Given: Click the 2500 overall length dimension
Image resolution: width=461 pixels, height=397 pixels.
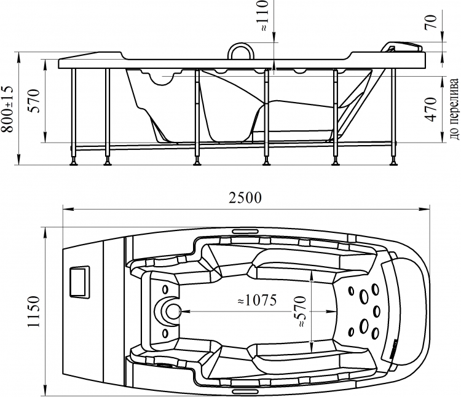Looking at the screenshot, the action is pyautogui.click(x=245, y=198).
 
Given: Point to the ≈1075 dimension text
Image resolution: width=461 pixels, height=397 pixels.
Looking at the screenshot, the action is pyautogui.click(x=257, y=301).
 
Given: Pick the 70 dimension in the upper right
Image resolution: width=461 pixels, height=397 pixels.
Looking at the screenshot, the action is pyautogui.click(x=430, y=22).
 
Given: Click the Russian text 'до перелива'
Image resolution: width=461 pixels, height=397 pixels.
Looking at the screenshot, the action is pyautogui.click(x=455, y=109).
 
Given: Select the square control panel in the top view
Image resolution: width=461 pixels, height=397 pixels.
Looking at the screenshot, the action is pyautogui.click(x=79, y=281).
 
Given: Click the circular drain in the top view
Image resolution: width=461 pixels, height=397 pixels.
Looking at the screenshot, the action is pyautogui.click(x=173, y=312).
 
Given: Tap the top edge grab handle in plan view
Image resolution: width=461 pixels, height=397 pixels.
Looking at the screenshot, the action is pyautogui.click(x=245, y=231).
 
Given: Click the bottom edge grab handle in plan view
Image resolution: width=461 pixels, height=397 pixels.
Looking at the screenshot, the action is pyautogui.click(x=245, y=391).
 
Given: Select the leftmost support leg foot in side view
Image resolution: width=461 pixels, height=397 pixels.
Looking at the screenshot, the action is pyautogui.click(x=73, y=162).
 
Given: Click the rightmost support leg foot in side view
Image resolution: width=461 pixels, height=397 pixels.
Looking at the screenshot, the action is pyautogui.click(x=393, y=162).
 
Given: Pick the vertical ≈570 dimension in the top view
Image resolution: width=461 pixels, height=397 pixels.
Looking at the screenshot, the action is pyautogui.click(x=302, y=312).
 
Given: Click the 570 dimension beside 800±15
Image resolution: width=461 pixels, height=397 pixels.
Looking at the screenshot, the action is pyautogui.click(x=33, y=101).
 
